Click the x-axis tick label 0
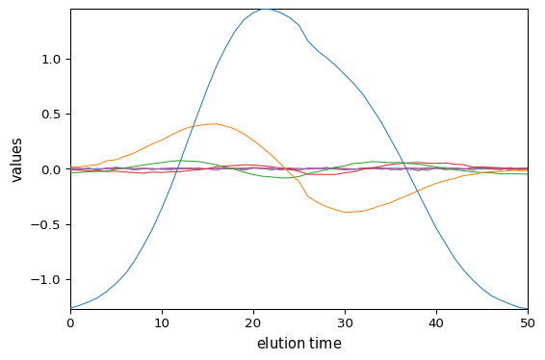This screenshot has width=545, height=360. pyautogui.click(x=70, y=323)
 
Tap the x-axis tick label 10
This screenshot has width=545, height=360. pyautogui.click(x=162, y=323)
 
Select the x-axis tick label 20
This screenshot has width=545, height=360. pyautogui.click(x=253, y=323)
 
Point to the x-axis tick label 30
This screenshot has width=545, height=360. pyautogui.click(x=345, y=323)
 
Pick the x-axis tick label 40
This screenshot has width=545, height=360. pyautogui.click(x=436, y=323)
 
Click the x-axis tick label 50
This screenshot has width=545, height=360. pyautogui.click(x=528, y=323)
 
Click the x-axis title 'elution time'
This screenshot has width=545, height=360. pyautogui.click(x=298, y=344)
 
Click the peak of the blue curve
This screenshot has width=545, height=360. pyautogui.click(x=265, y=9)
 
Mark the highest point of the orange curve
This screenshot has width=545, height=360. pyautogui.click(x=215, y=123)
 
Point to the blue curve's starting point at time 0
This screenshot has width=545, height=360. pyautogui.click(x=71, y=307)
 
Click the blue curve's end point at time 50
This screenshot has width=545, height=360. pyautogui.click(x=527, y=309)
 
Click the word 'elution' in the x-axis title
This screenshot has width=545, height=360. pyautogui.click(x=280, y=344)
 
